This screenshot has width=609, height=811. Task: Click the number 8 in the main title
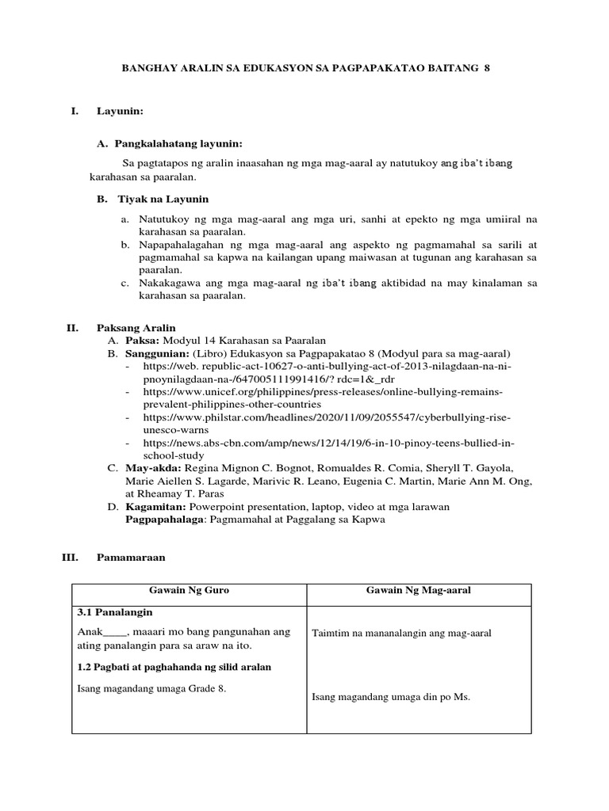click(487, 69)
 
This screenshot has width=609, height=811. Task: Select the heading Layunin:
click(120, 112)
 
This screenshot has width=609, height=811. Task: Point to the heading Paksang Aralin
click(136, 327)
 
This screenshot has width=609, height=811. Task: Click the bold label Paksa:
click(143, 340)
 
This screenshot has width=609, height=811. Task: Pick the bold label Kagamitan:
click(155, 506)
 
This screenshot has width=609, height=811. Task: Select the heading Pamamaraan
click(131, 558)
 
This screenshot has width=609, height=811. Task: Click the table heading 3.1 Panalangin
click(115, 613)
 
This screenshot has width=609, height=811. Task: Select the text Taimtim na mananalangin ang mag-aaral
click(402, 633)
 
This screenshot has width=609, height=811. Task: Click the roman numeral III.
click(70, 558)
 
